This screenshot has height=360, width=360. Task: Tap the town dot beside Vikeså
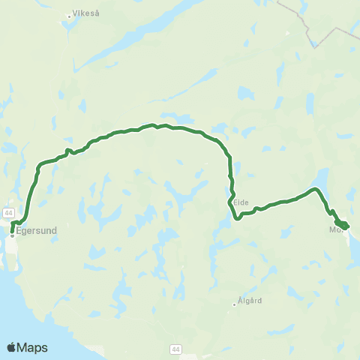pos(68,13)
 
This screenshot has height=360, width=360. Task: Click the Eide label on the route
pos(241,202)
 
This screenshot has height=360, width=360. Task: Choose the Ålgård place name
pos(251,301)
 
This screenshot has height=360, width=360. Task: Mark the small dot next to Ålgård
pos(235,304)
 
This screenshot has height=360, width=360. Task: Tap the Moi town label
pos(335,231)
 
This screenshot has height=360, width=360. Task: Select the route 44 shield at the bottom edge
pos(175,349)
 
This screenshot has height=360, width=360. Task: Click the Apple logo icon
pos(12,347)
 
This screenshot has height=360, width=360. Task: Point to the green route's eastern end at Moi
pos(347,226)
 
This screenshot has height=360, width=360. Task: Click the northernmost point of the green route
pos(153,124)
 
